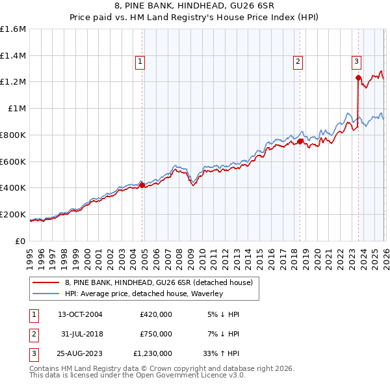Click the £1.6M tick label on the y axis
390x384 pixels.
click(13, 29)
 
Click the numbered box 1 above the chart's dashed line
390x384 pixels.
click(140, 62)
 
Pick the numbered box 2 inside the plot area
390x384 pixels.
click(298, 62)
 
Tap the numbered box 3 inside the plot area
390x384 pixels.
click(357, 62)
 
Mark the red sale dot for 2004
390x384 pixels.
click(142, 185)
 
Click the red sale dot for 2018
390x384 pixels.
click(300, 141)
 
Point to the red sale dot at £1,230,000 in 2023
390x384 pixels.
click(358, 78)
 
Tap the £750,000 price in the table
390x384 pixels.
click(156, 334)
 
